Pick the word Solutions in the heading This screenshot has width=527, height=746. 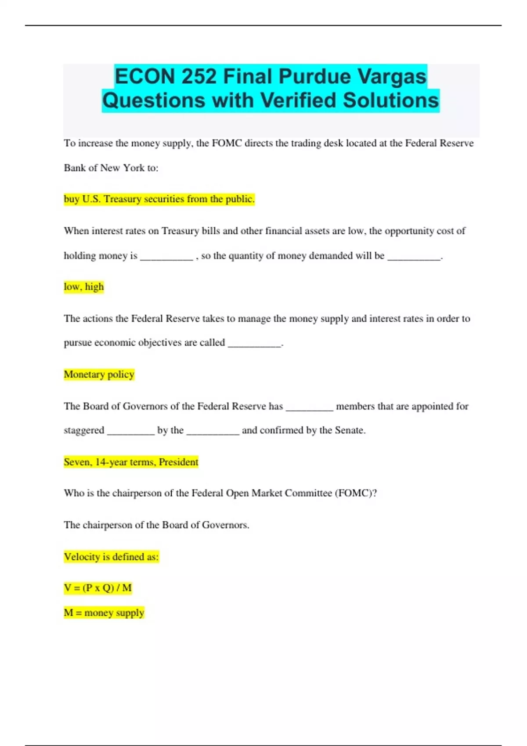point(391,100)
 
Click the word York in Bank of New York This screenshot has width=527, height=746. point(133,168)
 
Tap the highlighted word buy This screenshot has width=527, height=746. point(71,199)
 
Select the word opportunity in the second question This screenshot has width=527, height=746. point(409,231)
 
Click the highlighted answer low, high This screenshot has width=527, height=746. point(84,287)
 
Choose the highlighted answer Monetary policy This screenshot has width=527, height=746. point(99,374)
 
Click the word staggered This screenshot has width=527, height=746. point(84,430)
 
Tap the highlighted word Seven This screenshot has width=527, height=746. point(77,462)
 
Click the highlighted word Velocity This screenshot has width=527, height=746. point(82,557)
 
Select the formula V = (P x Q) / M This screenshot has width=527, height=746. point(98,588)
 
